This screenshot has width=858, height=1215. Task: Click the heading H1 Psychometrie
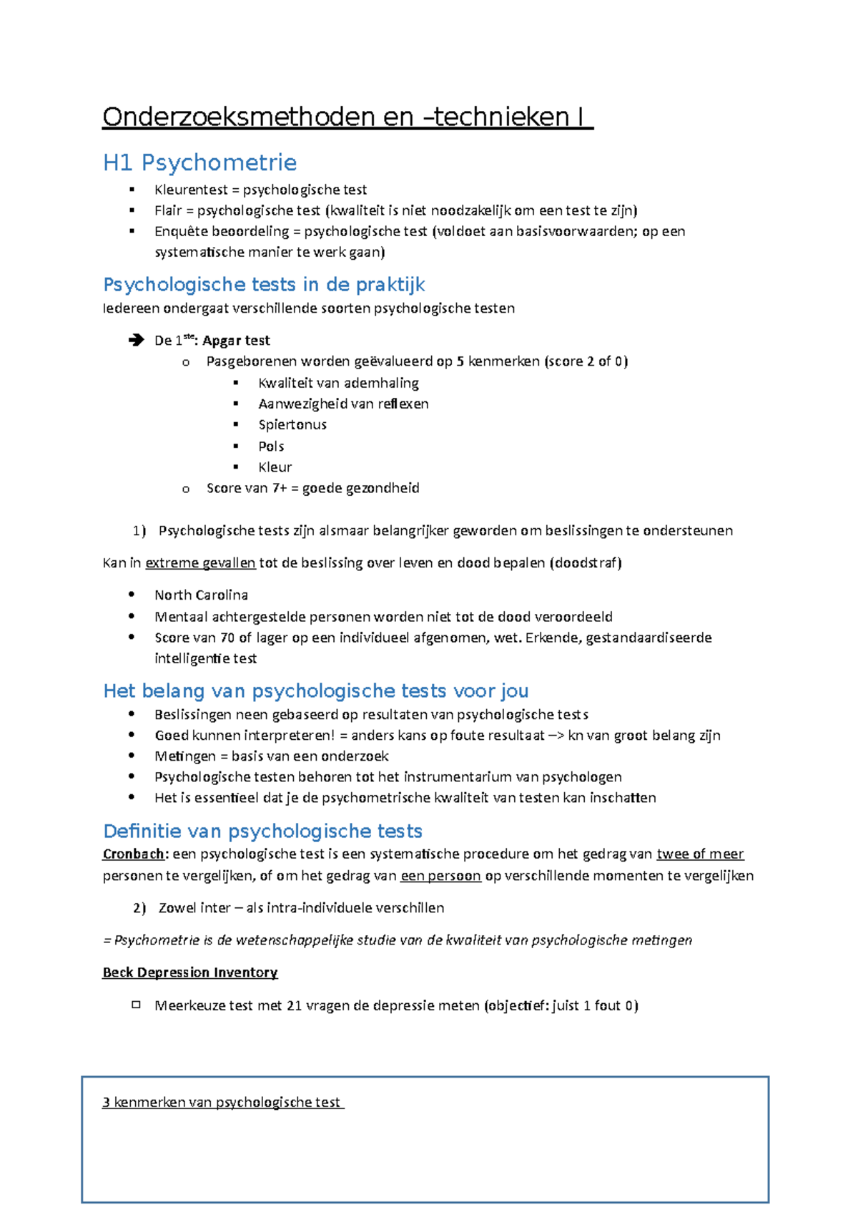click(x=199, y=163)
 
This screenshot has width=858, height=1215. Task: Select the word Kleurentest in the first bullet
click(x=190, y=190)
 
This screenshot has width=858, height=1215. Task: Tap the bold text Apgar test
click(x=236, y=341)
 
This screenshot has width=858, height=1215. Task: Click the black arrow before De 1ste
click(x=136, y=341)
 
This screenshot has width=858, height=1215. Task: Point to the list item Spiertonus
click(x=292, y=424)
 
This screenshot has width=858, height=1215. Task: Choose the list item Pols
click(x=271, y=446)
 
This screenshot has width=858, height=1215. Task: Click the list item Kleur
click(x=275, y=467)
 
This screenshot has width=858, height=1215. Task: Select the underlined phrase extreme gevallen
click(x=200, y=563)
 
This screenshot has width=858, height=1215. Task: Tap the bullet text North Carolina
click(x=201, y=595)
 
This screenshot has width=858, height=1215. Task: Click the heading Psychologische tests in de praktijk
click(x=264, y=285)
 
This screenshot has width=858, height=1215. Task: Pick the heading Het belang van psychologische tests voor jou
click(x=315, y=691)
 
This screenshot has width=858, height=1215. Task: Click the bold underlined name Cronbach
click(x=134, y=854)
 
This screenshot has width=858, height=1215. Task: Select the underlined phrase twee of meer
click(x=700, y=854)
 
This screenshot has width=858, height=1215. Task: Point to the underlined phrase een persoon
click(x=440, y=876)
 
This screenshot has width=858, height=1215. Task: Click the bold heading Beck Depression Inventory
click(x=190, y=972)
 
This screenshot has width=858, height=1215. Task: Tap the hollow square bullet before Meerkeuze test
click(x=136, y=1005)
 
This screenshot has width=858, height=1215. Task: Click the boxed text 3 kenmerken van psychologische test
click(x=222, y=1103)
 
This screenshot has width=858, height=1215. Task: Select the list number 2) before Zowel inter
click(x=139, y=908)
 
